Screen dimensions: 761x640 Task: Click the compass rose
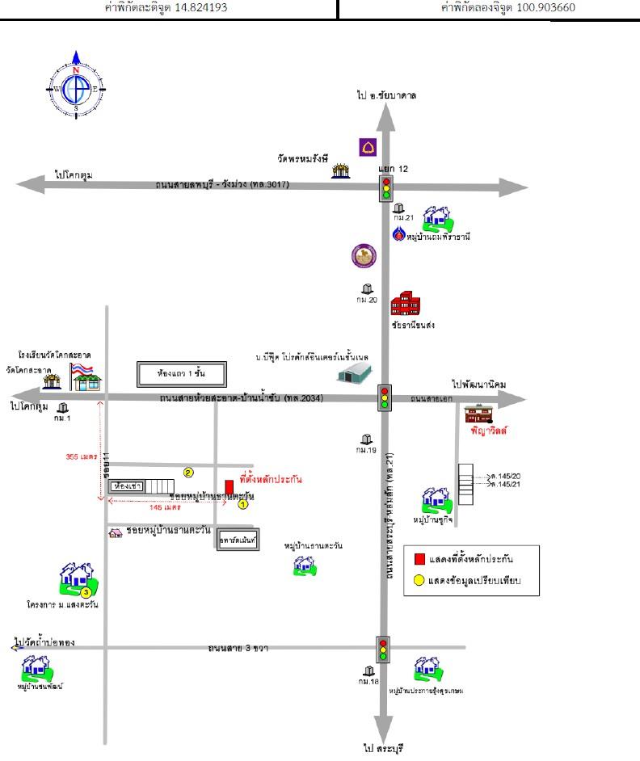click(76, 84)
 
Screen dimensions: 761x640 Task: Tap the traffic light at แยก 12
click(385, 188)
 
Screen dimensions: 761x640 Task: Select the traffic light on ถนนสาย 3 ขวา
click(384, 650)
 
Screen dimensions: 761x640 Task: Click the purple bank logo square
click(368, 147)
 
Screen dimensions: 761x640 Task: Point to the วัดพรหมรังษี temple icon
click(342, 170)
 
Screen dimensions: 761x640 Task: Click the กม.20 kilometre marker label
click(368, 300)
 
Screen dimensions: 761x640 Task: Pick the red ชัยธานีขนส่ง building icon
click(405, 304)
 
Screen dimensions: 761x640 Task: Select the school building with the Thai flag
click(84, 375)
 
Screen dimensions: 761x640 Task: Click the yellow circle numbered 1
click(242, 505)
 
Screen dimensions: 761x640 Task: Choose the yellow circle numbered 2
click(188, 473)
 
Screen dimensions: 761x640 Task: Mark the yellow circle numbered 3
click(86, 592)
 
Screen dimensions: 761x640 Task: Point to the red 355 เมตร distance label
click(82, 456)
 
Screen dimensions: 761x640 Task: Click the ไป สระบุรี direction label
click(382, 747)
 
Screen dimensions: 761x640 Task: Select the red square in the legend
click(419, 559)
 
